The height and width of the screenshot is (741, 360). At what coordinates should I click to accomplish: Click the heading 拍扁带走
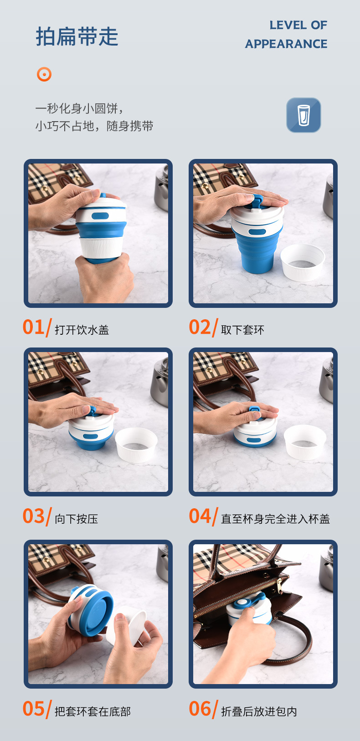coord(77,36)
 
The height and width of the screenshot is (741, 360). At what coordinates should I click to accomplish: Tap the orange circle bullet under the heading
coord(44,74)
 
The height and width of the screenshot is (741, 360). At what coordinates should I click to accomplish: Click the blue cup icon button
coord(303,115)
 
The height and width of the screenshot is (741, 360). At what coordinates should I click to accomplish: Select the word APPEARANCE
coord(286,44)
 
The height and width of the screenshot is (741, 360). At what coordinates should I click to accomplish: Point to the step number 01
coord(33,327)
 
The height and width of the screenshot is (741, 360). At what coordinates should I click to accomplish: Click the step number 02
coord(200,327)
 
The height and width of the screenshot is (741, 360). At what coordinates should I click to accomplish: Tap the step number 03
coord(33,516)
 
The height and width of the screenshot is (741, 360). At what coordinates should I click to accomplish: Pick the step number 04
coord(200,516)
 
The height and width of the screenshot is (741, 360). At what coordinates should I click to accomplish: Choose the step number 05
coord(33,709)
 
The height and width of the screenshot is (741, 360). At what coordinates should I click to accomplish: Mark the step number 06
coord(200,709)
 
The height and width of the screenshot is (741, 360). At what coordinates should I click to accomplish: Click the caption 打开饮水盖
coord(82,330)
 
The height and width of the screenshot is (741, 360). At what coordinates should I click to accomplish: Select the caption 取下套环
coord(242,330)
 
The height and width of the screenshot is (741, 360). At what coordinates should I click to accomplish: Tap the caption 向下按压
coord(77,519)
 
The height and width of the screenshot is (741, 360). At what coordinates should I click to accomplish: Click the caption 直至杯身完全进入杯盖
coord(275,519)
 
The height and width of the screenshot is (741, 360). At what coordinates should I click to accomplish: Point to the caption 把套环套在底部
coord(93,711)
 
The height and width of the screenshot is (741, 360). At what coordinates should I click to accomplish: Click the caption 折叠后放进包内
coord(259,711)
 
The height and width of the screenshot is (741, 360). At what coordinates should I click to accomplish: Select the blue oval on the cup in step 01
coord(100,216)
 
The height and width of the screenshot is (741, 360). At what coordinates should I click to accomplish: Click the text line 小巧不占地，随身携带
coord(94,126)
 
